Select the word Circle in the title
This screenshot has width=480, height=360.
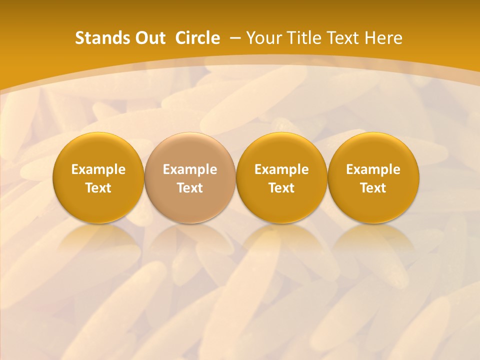pyautogui.click(x=197, y=38)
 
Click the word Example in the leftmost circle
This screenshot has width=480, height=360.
pyautogui.click(x=98, y=169)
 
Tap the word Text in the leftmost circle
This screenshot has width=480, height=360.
pyautogui.click(x=98, y=188)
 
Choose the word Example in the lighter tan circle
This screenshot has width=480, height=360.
pyautogui.click(x=190, y=169)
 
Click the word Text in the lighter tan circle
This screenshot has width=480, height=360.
pyautogui.click(x=190, y=188)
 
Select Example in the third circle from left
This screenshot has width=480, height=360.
pyautogui.click(x=281, y=169)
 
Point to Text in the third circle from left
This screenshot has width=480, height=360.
pyautogui.click(x=281, y=188)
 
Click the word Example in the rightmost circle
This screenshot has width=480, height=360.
pyautogui.click(x=373, y=169)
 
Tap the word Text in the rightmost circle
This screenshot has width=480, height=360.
pyautogui.click(x=373, y=188)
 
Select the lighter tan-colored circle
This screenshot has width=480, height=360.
pyautogui.click(x=190, y=150)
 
